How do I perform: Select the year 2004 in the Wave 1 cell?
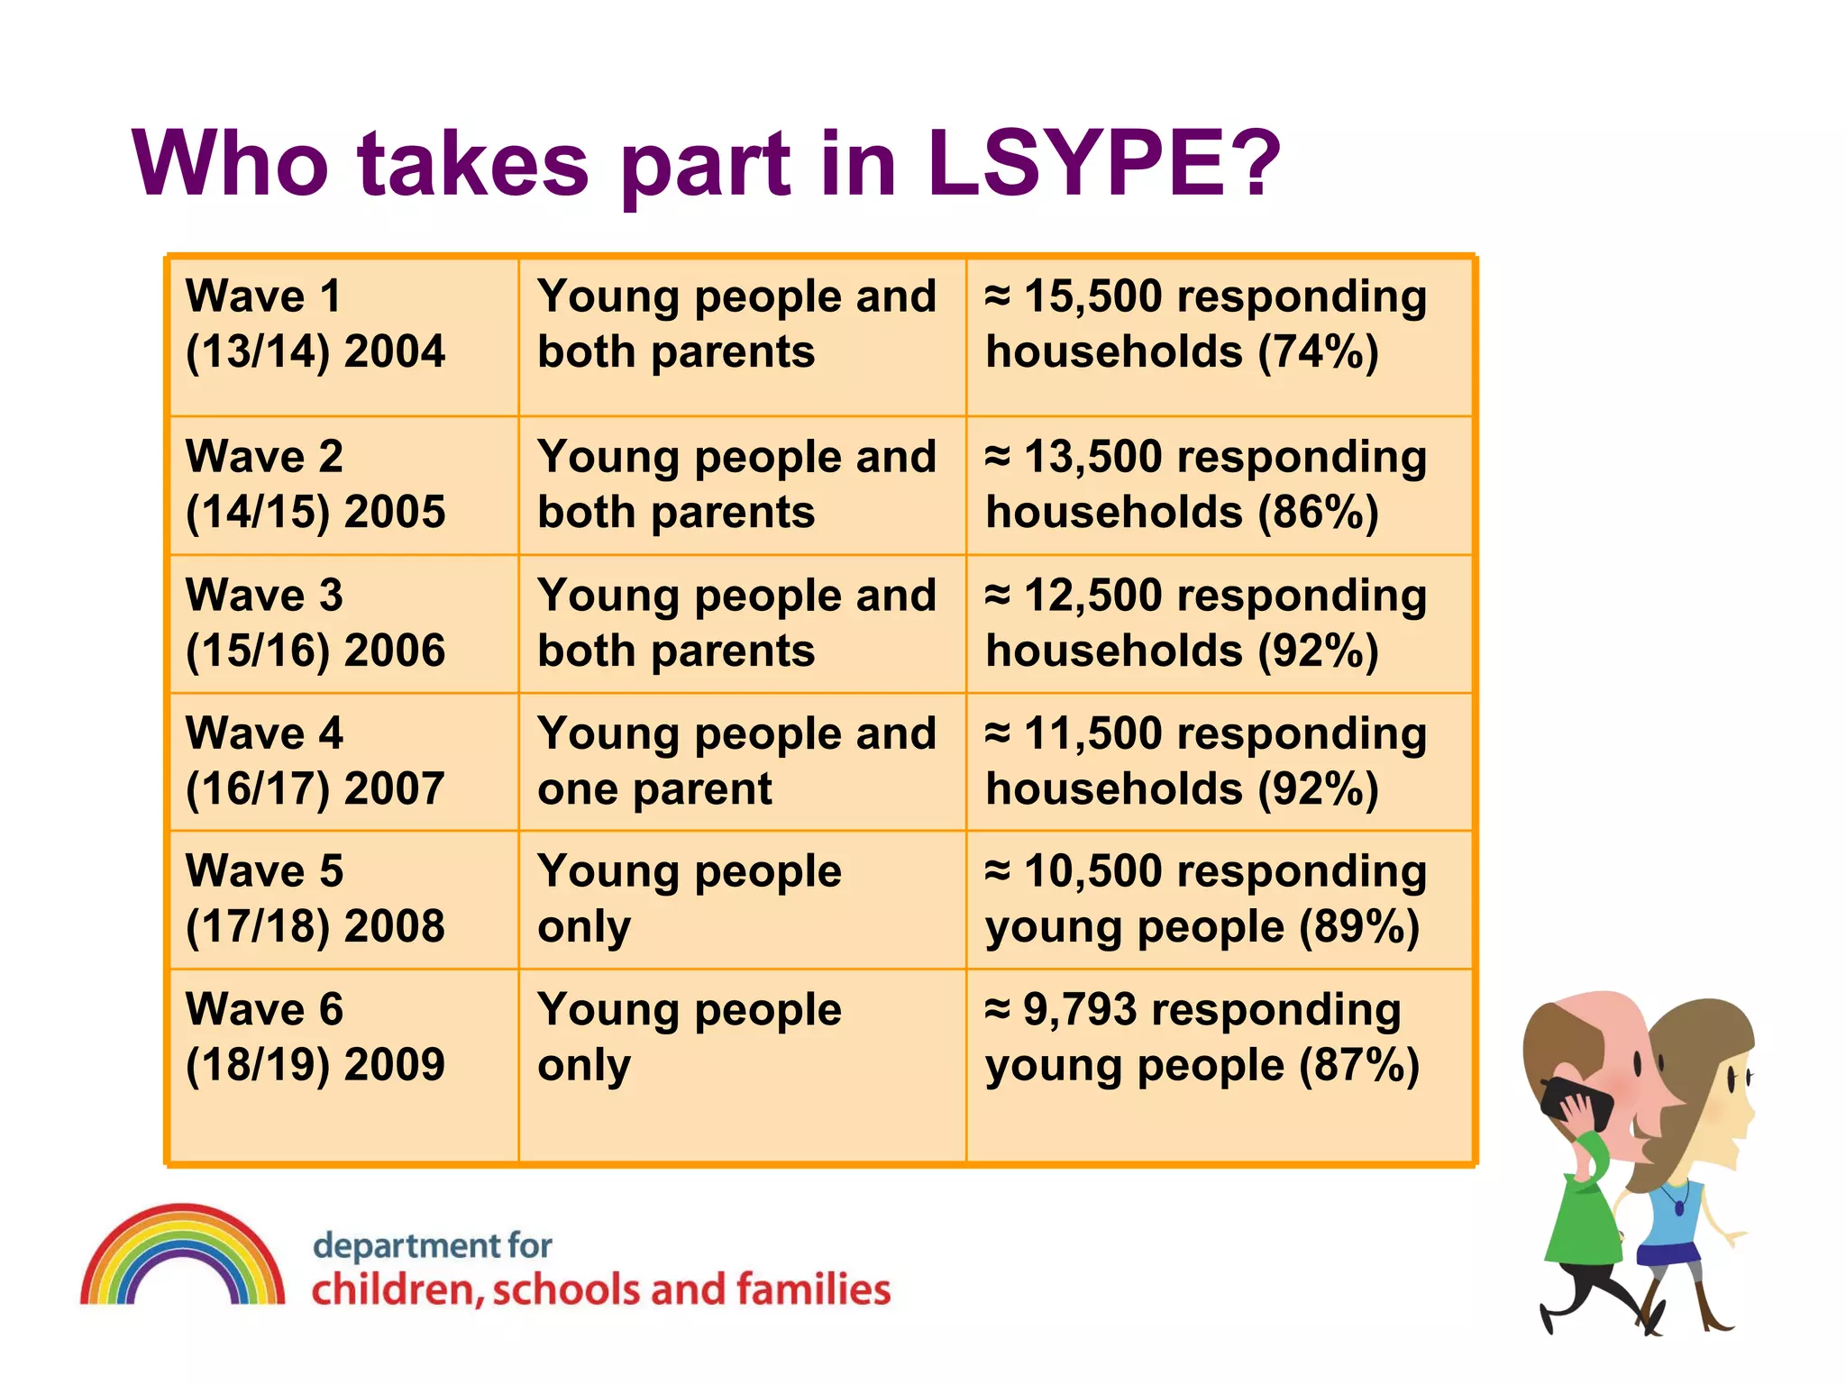tap(395, 351)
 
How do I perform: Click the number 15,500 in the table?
tap(1093, 296)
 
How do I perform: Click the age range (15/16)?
tap(258, 651)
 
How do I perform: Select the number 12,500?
tap(1093, 596)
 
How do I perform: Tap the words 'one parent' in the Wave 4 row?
tap(654, 789)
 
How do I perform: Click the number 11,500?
tap(1093, 733)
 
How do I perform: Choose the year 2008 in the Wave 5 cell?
tap(395, 926)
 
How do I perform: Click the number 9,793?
tap(1079, 1010)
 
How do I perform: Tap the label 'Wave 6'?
tap(264, 1009)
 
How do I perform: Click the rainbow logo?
tap(182, 1256)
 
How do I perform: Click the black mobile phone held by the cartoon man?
tap(1576, 1104)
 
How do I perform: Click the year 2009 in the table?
tap(395, 1065)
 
